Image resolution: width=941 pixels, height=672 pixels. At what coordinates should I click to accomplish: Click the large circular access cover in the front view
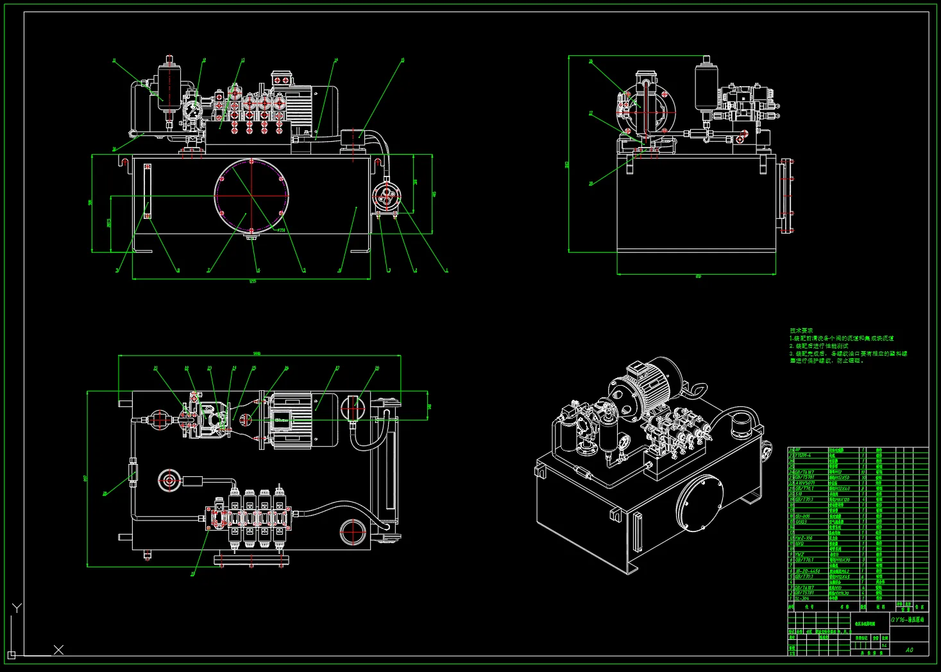(x=251, y=195)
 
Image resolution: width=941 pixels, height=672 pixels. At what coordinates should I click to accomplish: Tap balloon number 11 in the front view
(x=114, y=61)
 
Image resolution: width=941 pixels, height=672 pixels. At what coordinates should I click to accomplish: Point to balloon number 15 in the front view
(x=402, y=60)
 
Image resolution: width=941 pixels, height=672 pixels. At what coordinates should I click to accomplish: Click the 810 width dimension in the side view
(x=698, y=277)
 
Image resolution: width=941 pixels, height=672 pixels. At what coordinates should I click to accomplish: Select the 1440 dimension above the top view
(x=257, y=354)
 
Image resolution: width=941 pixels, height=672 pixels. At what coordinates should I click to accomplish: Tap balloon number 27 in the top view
(x=337, y=368)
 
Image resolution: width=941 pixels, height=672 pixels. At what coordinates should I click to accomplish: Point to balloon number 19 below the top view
(x=192, y=574)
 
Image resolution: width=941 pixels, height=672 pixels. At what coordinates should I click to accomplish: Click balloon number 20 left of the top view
(x=105, y=494)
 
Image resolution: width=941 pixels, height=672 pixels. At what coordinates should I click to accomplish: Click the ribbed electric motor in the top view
(x=292, y=420)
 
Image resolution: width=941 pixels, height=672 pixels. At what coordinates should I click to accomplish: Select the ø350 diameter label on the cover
(x=281, y=229)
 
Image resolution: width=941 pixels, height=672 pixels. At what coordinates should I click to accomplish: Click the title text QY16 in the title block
(x=908, y=620)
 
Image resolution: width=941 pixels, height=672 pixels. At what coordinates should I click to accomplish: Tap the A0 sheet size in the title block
(x=910, y=650)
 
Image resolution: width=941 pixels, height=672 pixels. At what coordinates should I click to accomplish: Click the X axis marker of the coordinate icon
(x=58, y=650)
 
